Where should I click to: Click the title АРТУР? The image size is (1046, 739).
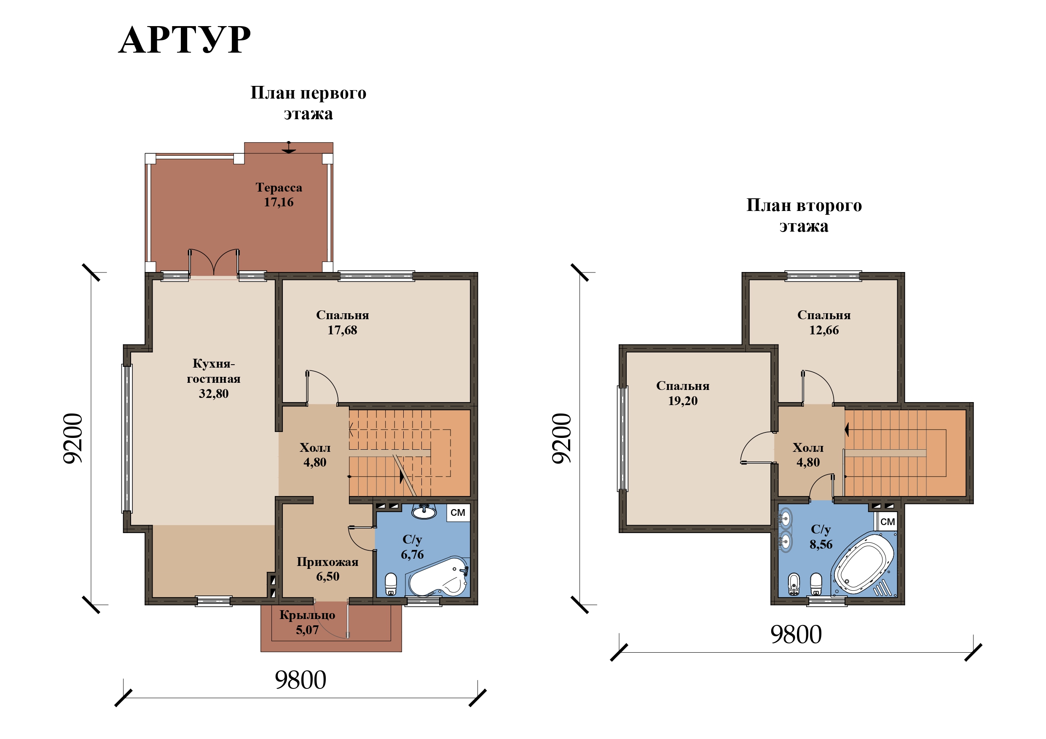[x=185, y=40]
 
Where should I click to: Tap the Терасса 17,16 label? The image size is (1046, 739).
[x=279, y=195]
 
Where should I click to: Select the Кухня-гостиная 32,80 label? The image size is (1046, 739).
[x=213, y=379]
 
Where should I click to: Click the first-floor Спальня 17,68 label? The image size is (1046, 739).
[x=343, y=323]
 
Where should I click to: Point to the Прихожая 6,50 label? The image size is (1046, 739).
[x=327, y=569]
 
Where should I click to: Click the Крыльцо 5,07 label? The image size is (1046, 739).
[x=307, y=622]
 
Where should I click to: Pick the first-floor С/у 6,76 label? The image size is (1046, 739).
[x=412, y=547]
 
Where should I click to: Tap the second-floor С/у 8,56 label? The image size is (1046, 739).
[x=821, y=537]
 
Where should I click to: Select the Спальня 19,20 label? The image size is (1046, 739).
[x=683, y=393]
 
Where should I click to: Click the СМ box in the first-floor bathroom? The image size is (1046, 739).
[x=458, y=513]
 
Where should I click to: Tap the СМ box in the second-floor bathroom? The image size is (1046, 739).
[x=888, y=521]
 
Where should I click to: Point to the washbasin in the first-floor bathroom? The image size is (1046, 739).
[x=424, y=511]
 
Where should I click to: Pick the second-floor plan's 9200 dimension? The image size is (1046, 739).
[x=562, y=438]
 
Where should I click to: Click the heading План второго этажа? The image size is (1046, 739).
[x=804, y=215]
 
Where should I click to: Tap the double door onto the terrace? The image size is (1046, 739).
[x=214, y=263]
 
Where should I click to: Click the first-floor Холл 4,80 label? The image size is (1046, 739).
[x=315, y=454]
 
